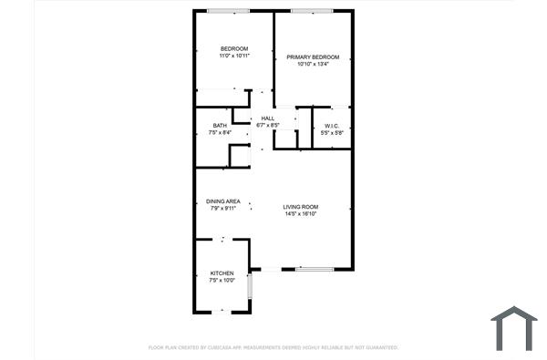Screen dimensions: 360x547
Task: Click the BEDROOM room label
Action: pyautogui.click(x=233, y=48)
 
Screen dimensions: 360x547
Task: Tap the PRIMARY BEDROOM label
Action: pyautogui.click(x=313, y=57)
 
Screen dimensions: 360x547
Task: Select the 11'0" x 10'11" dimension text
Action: pyautogui.click(x=233, y=56)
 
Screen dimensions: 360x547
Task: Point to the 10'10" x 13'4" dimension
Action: pyautogui.click(x=313, y=64)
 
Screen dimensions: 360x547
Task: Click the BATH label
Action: pyautogui.click(x=220, y=126)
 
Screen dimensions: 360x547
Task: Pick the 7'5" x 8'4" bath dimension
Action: pyautogui.click(x=220, y=133)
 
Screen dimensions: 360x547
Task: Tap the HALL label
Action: pyautogui.click(x=268, y=118)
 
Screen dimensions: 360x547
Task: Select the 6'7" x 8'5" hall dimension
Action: pyautogui.click(x=268, y=125)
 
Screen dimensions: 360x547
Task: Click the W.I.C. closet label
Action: pyautogui.click(x=331, y=125)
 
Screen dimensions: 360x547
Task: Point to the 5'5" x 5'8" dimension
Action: pyautogui.click(x=331, y=133)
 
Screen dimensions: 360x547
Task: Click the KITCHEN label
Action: pyautogui.click(x=222, y=273)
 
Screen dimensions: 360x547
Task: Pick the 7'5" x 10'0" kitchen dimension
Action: pyautogui.click(x=222, y=281)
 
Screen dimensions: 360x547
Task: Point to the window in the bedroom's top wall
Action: pyautogui.click(x=228, y=11)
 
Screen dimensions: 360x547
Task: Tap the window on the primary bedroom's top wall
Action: pyautogui.click(x=312, y=11)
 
